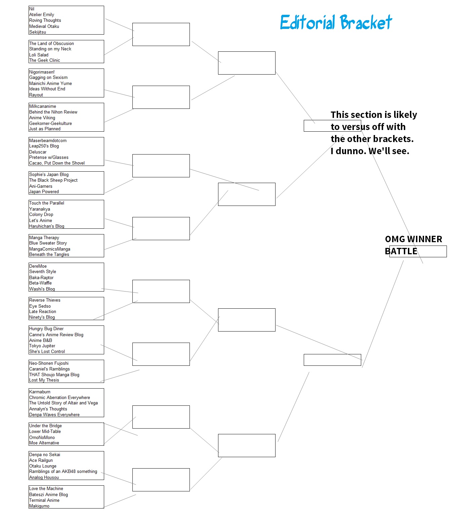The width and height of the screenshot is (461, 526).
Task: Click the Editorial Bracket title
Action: point(336,23)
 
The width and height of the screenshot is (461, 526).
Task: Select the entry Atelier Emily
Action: point(42,15)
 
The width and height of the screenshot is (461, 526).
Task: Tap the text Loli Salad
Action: point(39,55)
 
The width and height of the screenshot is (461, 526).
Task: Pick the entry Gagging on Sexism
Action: point(48,78)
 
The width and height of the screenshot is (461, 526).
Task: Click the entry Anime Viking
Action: point(42,118)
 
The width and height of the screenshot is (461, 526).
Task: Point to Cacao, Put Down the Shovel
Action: point(57,163)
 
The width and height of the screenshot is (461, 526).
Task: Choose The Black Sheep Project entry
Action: point(53,180)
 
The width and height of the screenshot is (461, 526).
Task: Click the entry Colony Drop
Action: point(41,215)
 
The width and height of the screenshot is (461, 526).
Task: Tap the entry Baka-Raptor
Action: point(41,278)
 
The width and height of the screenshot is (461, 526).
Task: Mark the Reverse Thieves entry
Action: point(45,300)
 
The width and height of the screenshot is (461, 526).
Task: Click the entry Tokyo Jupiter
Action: point(42,346)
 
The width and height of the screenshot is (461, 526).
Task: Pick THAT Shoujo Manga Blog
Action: point(54,375)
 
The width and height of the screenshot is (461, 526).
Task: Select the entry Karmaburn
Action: point(40,392)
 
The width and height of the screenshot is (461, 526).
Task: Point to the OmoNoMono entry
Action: point(42,438)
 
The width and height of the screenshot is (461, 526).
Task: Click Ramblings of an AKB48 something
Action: point(63,472)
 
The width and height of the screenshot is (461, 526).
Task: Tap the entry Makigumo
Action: point(39,506)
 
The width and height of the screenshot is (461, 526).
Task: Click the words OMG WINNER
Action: point(414,239)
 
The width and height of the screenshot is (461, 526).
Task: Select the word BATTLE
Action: point(401,251)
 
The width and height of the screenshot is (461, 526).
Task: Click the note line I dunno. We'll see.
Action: point(370,151)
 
